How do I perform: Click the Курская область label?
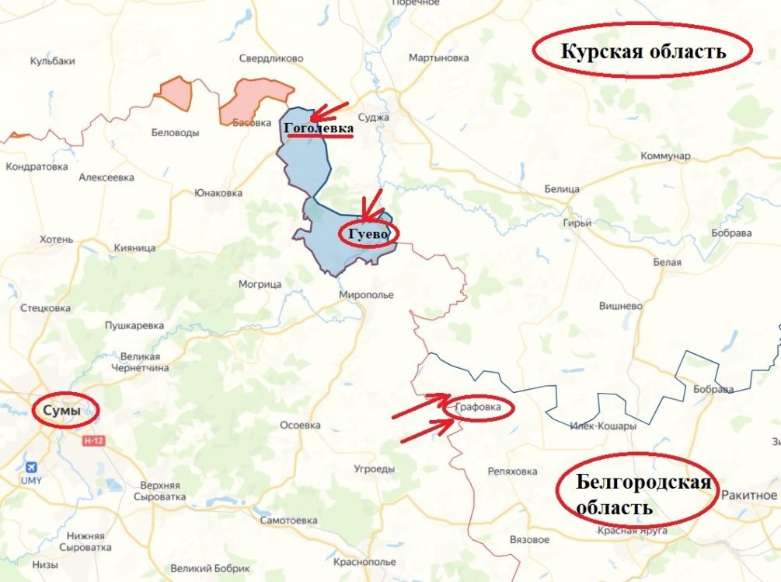coord(643,51)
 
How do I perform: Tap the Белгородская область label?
coord(643,495)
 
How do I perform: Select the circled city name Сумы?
coord(62,411)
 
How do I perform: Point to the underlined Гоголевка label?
coord(319,128)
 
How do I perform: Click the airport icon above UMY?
coord(31,467)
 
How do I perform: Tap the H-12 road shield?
coord(93,440)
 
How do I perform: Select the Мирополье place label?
coord(366,295)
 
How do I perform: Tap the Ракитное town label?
coord(749,495)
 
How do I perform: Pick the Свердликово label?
coord(270,58)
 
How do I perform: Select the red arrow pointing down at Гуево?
coord(371,205)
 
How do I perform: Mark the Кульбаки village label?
coord(51,61)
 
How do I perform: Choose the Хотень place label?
coord(55,239)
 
